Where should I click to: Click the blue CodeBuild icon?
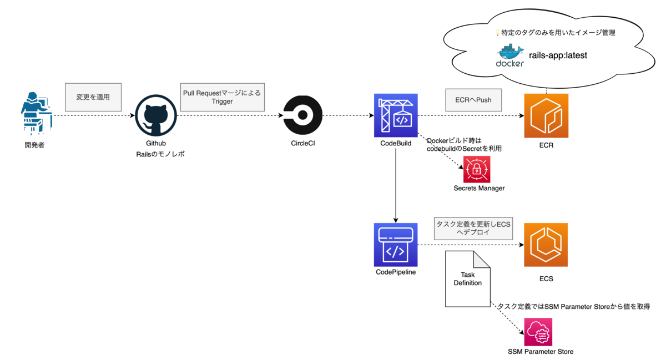pyautogui.click(x=396, y=115)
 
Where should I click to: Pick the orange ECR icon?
pyautogui.click(x=546, y=115)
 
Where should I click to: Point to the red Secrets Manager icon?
pyautogui.click(x=477, y=170)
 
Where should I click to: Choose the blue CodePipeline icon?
pyautogui.click(x=396, y=245)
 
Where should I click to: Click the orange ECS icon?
pyautogui.click(x=546, y=245)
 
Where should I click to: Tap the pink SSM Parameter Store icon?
pyautogui.click(x=538, y=332)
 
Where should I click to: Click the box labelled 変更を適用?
pyautogui.click(x=93, y=97)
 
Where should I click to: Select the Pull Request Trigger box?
pyautogui.click(x=222, y=97)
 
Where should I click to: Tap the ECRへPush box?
pyautogui.click(x=473, y=100)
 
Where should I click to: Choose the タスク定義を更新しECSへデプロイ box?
pyautogui.click(x=473, y=228)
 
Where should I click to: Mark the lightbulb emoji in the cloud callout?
pyautogui.click(x=497, y=33)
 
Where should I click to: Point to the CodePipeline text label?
pyautogui.click(x=396, y=272)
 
